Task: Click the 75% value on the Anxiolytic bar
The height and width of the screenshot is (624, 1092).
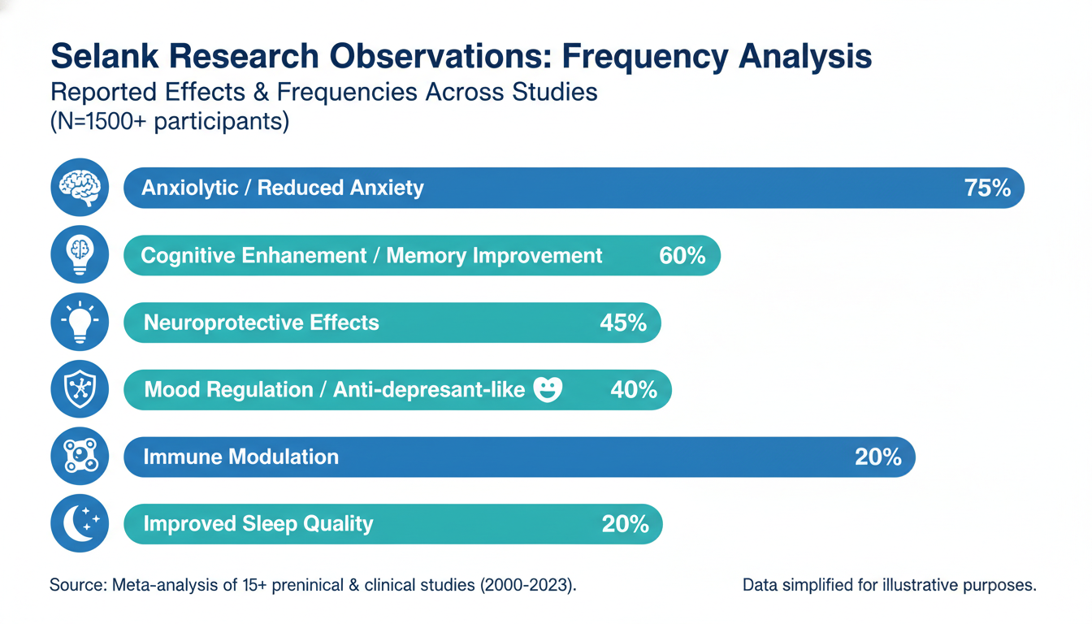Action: coord(987,188)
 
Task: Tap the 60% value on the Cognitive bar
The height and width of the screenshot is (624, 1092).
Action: coord(682,255)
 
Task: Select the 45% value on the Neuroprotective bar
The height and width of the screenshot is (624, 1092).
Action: coord(623,323)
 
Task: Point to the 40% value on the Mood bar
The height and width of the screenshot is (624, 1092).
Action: coord(634,390)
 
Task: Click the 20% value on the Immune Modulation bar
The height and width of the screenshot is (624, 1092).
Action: coord(878,457)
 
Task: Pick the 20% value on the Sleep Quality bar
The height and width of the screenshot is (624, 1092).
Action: coord(625,524)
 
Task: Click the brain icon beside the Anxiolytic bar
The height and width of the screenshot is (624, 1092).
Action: coord(80,187)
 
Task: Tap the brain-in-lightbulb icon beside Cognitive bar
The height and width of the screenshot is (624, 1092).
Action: coord(80,254)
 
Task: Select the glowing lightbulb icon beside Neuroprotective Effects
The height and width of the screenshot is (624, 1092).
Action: coord(80,322)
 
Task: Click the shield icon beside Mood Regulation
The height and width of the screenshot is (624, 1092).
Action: coord(80,389)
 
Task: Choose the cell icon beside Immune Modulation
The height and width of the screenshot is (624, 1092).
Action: coord(80,457)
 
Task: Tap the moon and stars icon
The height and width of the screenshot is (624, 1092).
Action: coord(80,523)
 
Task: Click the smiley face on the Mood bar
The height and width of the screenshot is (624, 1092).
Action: coord(548,389)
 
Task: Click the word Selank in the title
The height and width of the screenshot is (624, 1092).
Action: coord(104,56)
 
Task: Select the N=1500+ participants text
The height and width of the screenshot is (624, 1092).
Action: coord(170,121)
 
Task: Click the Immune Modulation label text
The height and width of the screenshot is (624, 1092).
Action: coord(240,457)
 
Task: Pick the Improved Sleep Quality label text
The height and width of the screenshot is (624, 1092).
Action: coord(258,524)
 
